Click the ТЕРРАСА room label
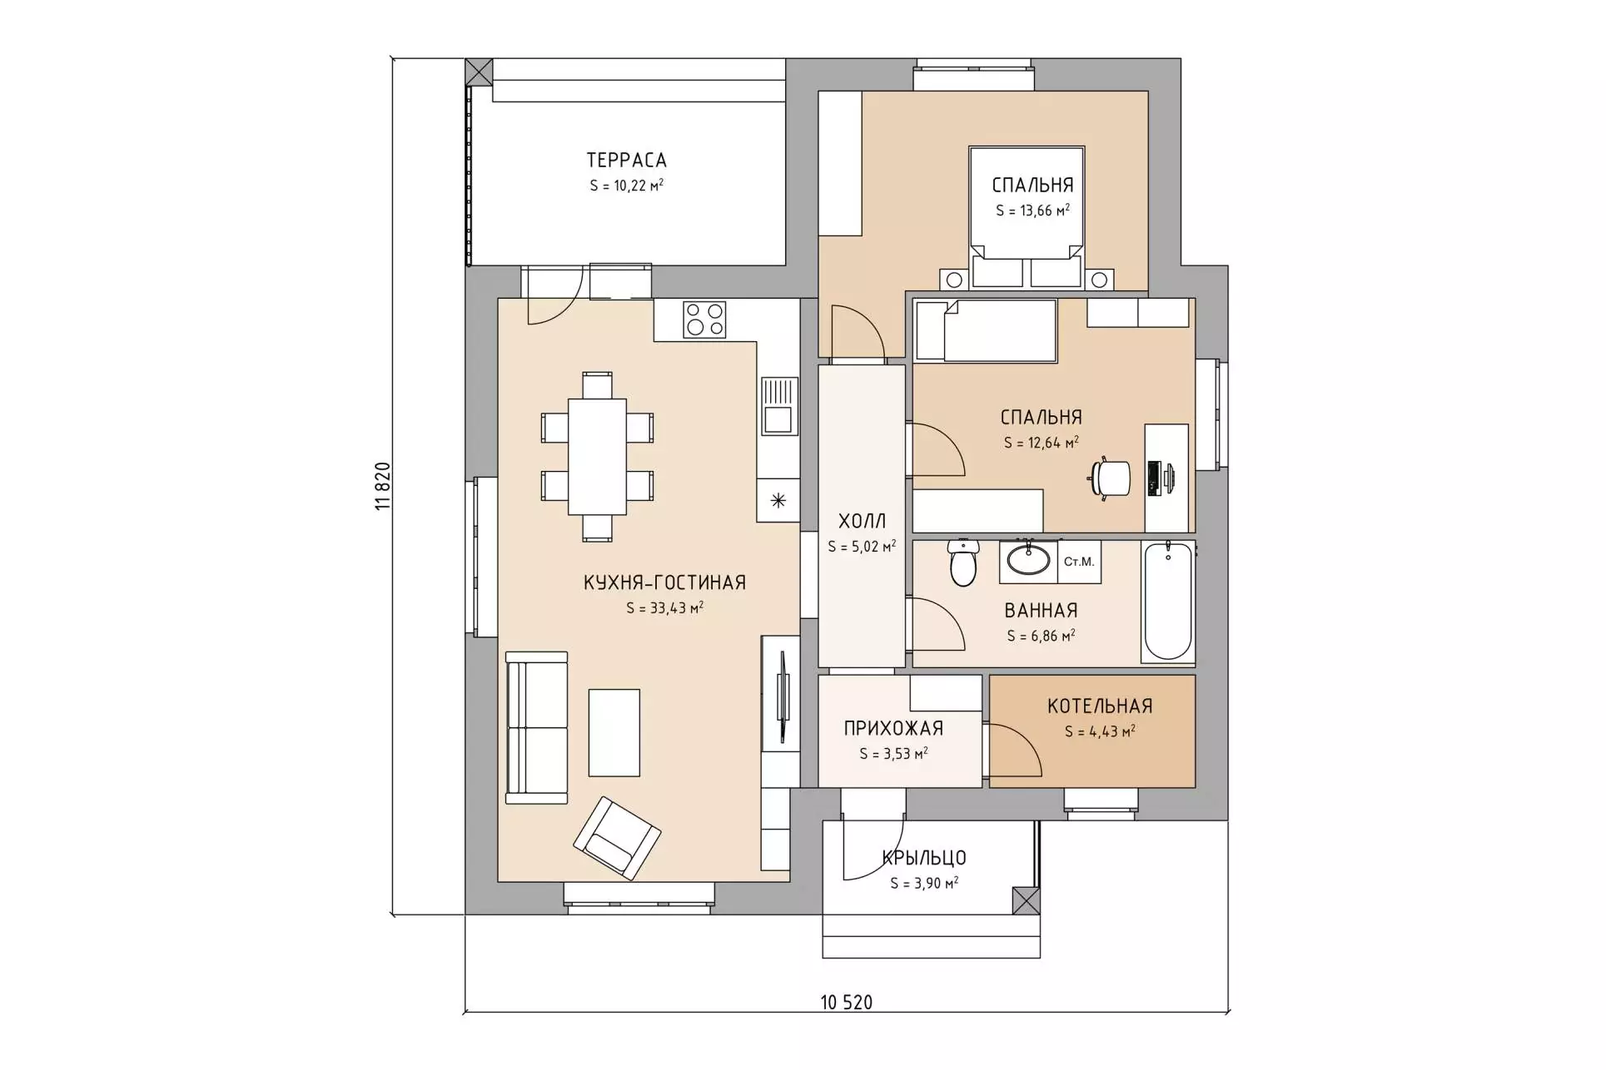tap(626, 160)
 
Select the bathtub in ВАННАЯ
tap(1167, 602)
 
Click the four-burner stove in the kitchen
tap(704, 320)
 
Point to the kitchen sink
tap(778, 406)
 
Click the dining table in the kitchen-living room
tap(597, 456)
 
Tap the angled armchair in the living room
tap(617, 838)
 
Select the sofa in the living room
tap(537, 727)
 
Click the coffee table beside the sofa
tap(614, 732)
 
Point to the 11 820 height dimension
tap(382, 486)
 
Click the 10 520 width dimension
tap(847, 1002)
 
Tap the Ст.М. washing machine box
tap(1079, 562)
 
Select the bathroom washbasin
tap(1029, 559)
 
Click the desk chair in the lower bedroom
tap(1111, 478)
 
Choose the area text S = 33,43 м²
tap(664, 607)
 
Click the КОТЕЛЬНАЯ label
tap(1100, 706)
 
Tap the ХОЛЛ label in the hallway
tap(862, 522)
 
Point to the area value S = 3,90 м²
tap(924, 883)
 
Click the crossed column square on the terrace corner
tap(479, 72)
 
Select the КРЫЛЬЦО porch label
tap(924, 858)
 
